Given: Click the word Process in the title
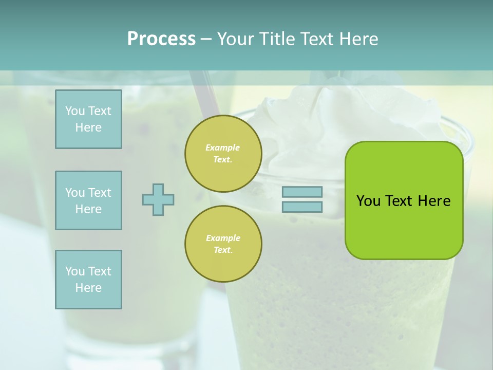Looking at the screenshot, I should (x=161, y=39).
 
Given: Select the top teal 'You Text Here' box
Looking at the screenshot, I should (x=88, y=119).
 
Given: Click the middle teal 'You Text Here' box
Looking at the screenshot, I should (x=88, y=200).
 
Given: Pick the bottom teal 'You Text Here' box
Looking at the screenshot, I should (x=88, y=280).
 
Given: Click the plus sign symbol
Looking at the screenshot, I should (x=158, y=199).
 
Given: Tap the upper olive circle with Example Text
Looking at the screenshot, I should (x=223, y=154).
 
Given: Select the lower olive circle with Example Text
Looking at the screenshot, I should (x=223, y=244).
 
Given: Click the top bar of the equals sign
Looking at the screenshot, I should (x=302, y=192).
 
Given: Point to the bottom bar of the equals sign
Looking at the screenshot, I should (x=302, y=207).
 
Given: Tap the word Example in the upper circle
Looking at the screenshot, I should (x=222, y=148).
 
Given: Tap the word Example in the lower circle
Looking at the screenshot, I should (x=223, y=238).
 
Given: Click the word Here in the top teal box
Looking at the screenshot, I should (x=88, y=127).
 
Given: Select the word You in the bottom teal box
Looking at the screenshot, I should (x=75, y=271).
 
